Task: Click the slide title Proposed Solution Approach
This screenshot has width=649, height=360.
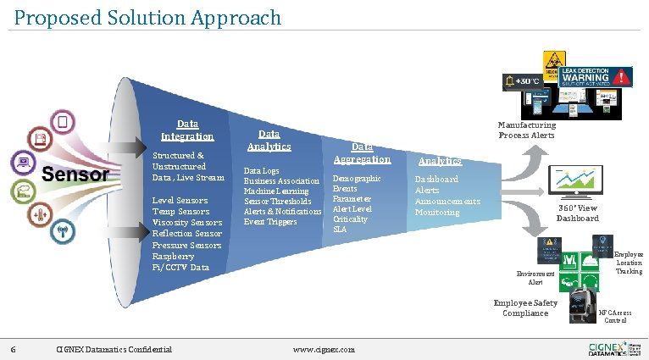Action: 147,17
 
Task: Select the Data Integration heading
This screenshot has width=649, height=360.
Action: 187,130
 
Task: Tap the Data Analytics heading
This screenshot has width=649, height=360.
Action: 269,140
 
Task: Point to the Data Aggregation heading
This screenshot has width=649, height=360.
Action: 362,152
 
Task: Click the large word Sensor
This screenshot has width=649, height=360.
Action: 75,175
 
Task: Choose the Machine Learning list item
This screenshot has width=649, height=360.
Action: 275,191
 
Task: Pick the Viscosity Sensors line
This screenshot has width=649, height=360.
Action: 186,223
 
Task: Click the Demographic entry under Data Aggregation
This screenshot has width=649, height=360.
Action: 357,179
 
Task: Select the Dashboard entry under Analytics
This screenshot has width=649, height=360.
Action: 436,180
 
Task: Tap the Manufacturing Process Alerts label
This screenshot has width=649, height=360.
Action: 526,130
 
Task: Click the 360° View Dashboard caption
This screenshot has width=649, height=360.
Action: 577,213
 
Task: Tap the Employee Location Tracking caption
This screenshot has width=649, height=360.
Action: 628,263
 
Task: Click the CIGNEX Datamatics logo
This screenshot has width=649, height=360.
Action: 607,348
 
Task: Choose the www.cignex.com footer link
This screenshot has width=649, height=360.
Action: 323,349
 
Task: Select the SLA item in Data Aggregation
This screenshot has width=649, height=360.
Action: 339,230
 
